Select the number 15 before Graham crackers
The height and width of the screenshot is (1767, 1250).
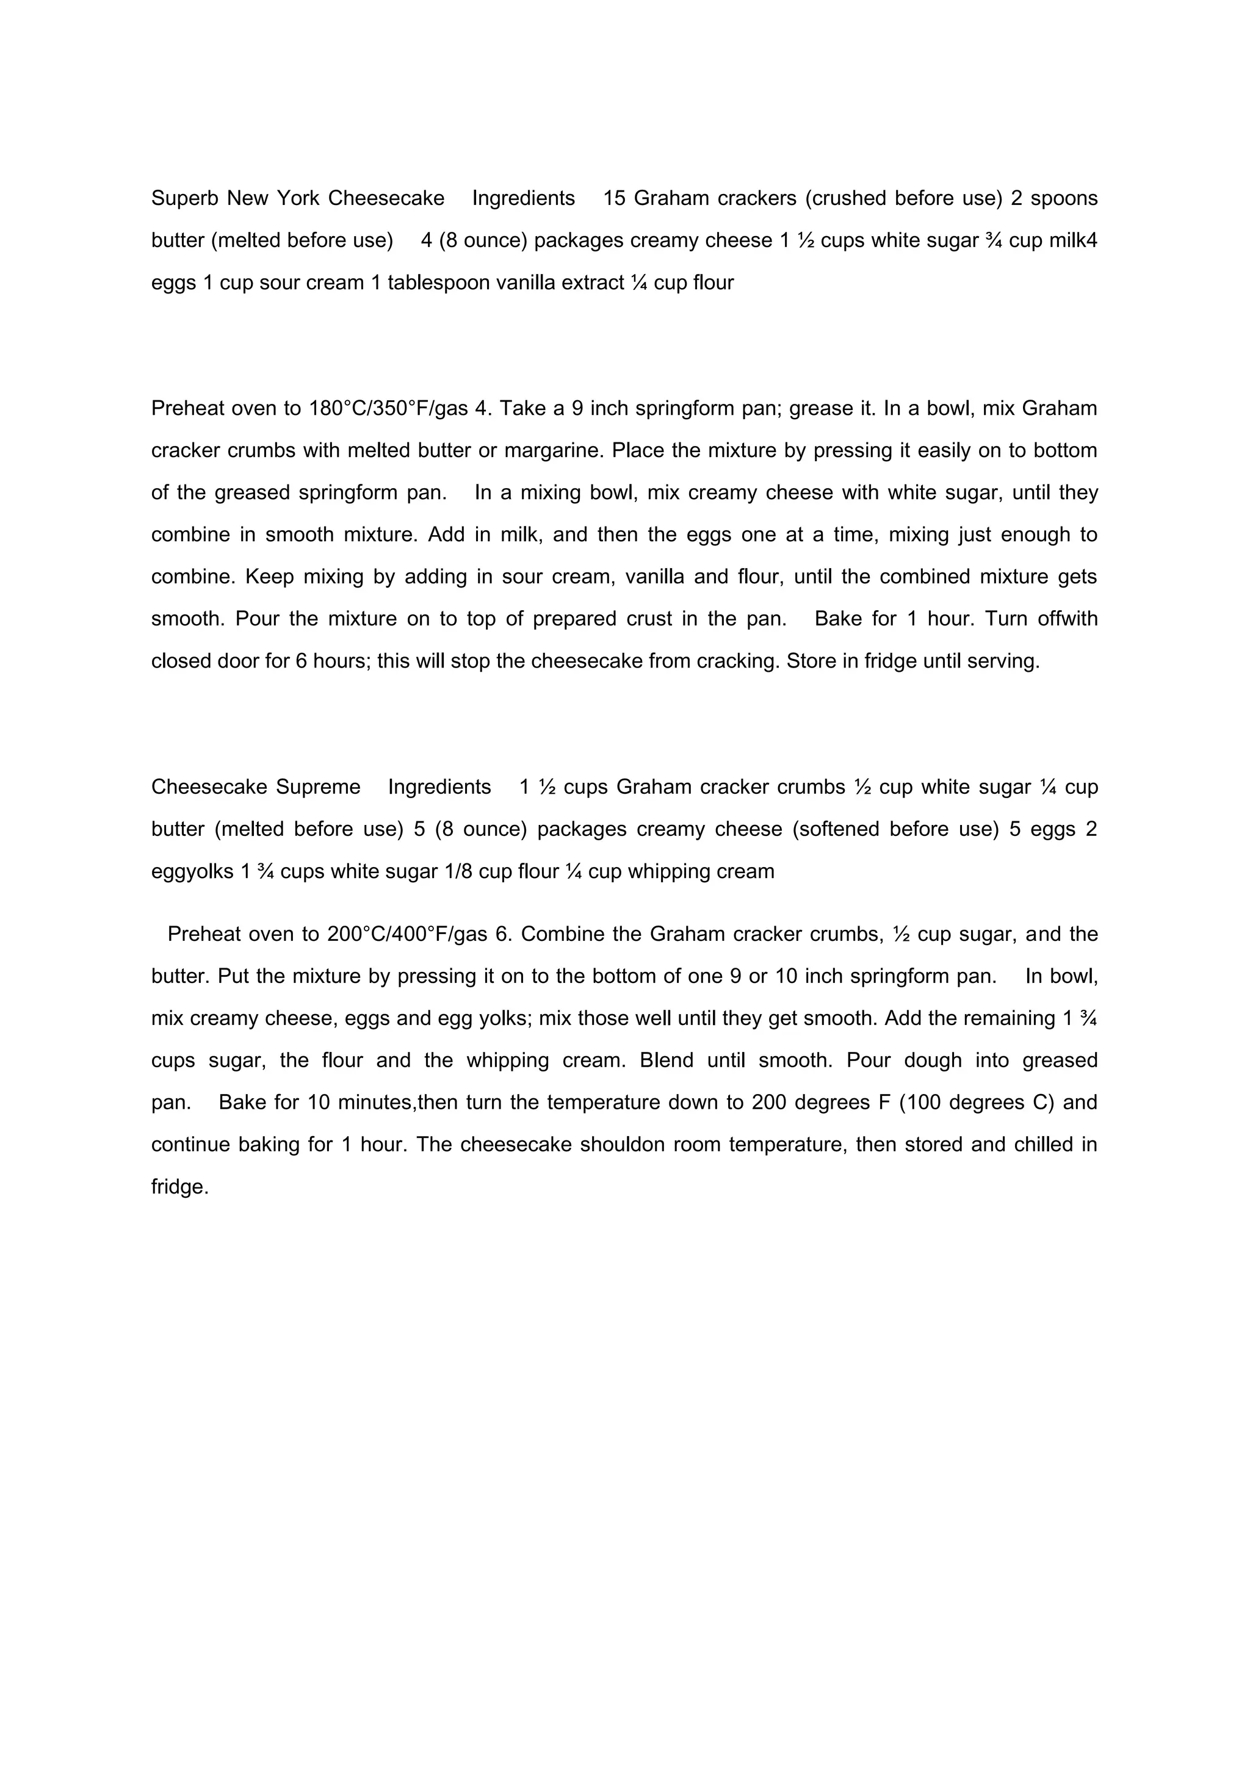(x=614, y=198)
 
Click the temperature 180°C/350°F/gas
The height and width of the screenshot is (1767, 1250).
(x=389, y=409)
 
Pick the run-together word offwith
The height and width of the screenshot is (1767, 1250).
(x=1068, y=619)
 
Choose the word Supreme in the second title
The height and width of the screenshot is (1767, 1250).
(x=318, y=787)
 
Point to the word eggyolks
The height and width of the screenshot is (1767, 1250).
(x=192, y=872)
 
